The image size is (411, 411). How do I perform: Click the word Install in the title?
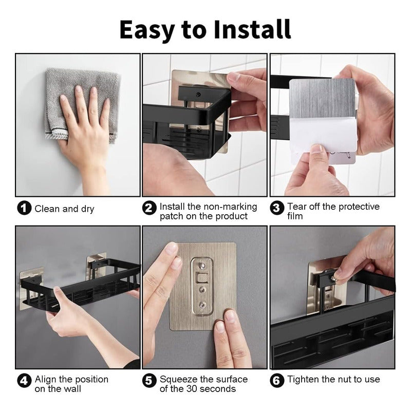pyautogui.click(x=252, y=29)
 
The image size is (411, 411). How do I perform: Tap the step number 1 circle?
pyautogui.click(x=24, y=208)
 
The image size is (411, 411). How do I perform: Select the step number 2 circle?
pyautogui.click(x=149, y=208)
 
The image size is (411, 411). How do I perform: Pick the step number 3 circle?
pyautogui.click(x=277, y=208)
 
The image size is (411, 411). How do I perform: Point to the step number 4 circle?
pyautogui.click(x=24, y=381)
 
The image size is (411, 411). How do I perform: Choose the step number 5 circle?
pyautogui.click(x=149, y=381)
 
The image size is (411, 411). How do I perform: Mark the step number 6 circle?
pyautogui.click(x=277, y=381)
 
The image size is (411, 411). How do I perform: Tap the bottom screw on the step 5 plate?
pyautogui.click(x=202, y=305)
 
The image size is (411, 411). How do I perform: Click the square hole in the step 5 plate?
pyautogui.click(x=202, y=278)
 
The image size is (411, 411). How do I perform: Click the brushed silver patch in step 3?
pyautogui.click(x=323, y=98)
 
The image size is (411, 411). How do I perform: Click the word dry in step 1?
pyautogui.click(x=87, y=210)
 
